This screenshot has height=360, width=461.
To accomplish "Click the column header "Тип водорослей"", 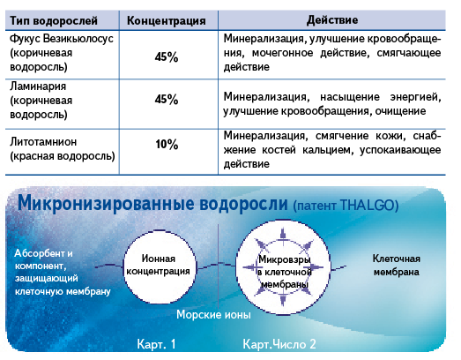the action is pos(54,21).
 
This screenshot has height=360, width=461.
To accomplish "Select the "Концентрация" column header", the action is pos(166,21).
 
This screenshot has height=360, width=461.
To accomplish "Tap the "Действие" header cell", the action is pos(332,20).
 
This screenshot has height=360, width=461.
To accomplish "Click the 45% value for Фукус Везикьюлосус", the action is pos(167,56).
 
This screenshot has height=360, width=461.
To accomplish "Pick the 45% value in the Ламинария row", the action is pos(167,99).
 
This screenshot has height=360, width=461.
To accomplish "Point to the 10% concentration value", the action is pos(167,144).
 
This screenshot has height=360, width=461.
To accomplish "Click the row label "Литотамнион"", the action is pos(43,142).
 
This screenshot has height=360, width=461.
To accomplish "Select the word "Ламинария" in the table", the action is pos(38,86).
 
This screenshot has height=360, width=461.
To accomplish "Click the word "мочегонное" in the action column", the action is pos(283,53).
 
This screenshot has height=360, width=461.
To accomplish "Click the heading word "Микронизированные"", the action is pos(106,204).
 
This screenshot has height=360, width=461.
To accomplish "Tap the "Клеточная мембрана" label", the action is pos(396,266).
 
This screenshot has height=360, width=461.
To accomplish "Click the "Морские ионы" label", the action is pos(213,315).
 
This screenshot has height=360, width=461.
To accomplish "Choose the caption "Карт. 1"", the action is pos(156,344).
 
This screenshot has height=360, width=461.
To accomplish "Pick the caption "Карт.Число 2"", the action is pos(279,344).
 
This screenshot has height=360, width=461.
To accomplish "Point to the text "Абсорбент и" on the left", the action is pos(43,253).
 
